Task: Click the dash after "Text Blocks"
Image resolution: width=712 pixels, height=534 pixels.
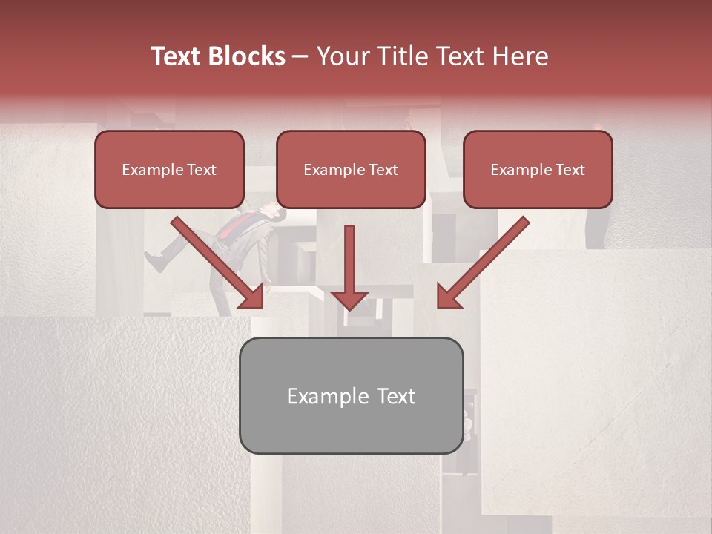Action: coord(300,57)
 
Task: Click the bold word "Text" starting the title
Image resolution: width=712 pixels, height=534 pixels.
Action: coord(176,56)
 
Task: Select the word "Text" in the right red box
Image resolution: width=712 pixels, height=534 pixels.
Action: coord(570,170)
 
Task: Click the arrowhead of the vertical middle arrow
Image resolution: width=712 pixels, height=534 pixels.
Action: coord(349,300)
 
